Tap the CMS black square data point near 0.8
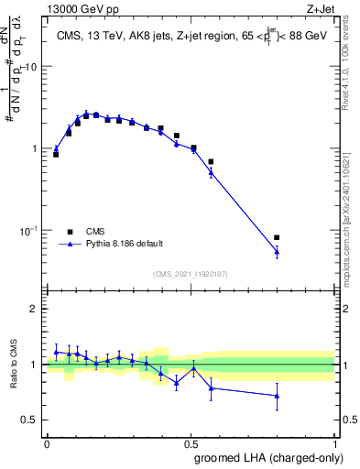pyautogui.click(x=277, y=237)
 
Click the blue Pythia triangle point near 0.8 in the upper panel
pyautogui.click(x=277, y=251)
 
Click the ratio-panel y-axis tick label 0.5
pyautogui.click(x=32, y=420)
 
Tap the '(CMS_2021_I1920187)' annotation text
pyautogui.click(x=191, y=273)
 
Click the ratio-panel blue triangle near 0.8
pyautogui.click(x=277, y=396)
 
